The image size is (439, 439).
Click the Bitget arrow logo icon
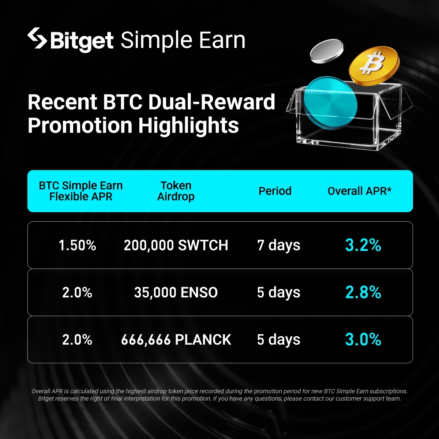[37, 38]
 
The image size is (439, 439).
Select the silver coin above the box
[327, 51]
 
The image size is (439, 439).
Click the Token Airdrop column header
[176, 191]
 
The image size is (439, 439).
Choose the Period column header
[275, 191]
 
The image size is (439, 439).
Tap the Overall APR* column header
[360, 191]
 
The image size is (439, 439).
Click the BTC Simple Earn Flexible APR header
[81, 191]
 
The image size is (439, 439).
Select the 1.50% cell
[78, 245]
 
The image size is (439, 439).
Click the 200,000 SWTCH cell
[176, 245]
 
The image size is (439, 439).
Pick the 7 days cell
[279, 245]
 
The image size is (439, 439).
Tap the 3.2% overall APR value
[363, 245]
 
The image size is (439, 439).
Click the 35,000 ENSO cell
[176, 293]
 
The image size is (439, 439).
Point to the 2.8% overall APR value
[363, 292]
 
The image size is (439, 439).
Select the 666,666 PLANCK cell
[176, 339]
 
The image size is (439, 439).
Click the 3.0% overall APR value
[363, 339]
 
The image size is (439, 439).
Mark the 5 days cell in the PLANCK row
[279, 339]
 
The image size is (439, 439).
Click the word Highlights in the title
[189, 126]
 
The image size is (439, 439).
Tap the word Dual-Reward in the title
[212, 102]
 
